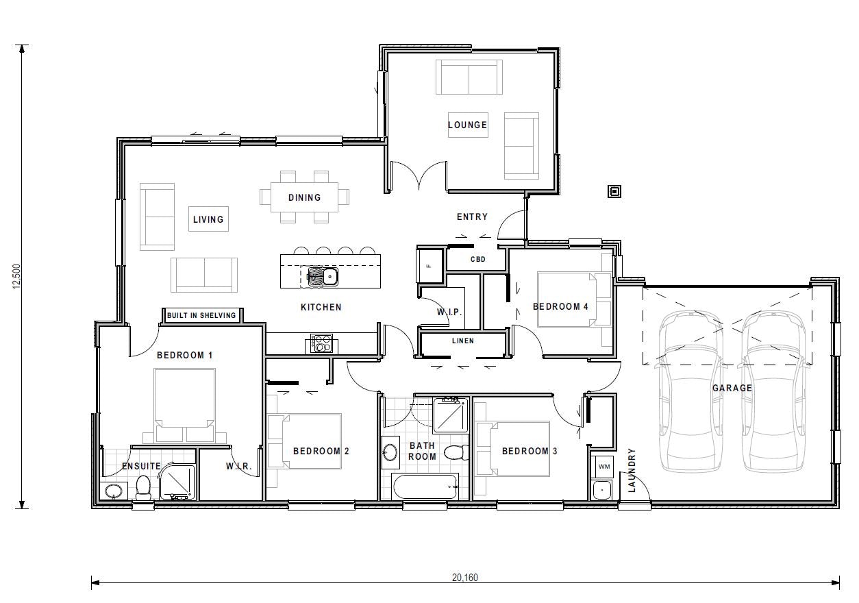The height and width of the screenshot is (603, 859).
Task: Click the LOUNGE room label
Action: coord(467,125)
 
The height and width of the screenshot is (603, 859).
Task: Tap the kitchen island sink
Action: coord(321,276)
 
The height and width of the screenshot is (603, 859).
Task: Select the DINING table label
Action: coord(304,197)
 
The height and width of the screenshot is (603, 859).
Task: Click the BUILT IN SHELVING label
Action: coord(201,315)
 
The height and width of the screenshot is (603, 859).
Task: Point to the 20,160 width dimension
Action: coord(465,577)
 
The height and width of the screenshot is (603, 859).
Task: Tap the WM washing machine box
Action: coord(603,467)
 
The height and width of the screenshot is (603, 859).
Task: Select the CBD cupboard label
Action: coord(477,260)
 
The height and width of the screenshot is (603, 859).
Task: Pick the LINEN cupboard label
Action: coord(462,341)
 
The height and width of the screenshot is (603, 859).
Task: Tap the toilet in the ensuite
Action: coord(143,487)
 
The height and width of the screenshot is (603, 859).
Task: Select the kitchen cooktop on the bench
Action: coord(321,343)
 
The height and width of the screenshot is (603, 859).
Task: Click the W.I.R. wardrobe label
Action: coord(239,467)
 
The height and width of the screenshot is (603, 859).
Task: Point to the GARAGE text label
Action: coord(732,388)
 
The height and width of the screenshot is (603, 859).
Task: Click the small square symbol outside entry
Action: coord(614,191)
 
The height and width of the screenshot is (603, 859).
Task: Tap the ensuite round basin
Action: coord(112,491)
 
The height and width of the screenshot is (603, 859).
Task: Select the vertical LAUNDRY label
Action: coord(632,470)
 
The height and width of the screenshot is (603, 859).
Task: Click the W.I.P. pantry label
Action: coord(449,312)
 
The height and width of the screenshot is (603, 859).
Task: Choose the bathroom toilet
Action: coord(455,452)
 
